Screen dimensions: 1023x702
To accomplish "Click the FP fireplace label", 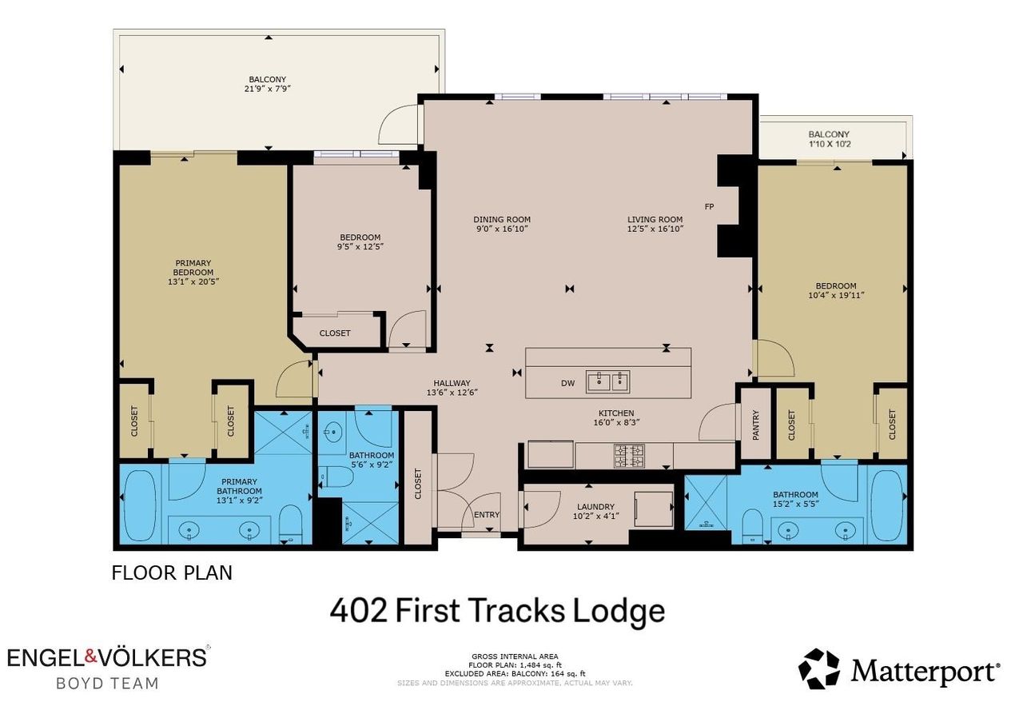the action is pos(709,206).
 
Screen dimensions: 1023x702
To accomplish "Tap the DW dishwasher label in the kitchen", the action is pos(567,384).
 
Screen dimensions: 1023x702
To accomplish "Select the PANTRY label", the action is pos(755,425).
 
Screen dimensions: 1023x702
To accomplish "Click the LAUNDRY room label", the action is pos(595,506).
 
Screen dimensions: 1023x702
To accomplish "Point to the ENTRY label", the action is pos(487,515).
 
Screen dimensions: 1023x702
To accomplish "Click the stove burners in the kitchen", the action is pos(629,456).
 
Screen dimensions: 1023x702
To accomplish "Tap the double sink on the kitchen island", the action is pos(608,382).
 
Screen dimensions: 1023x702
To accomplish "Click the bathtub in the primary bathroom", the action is pos(140,505).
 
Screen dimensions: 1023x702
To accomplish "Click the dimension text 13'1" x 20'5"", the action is pos(193,282).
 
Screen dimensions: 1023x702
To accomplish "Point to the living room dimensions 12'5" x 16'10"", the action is pos(655,229).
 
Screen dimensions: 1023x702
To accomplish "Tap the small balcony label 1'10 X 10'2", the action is pos(829,145).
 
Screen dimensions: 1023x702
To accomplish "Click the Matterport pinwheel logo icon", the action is pos(819,668).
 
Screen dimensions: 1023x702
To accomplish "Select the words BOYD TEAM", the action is pos(107,684).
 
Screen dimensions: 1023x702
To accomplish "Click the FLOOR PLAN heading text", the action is pos(172,572).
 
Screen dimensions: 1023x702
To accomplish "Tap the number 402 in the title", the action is pos(359,611).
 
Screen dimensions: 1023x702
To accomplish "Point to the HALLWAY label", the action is pos(452,383).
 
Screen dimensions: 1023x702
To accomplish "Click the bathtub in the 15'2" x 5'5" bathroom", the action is pos(887,505).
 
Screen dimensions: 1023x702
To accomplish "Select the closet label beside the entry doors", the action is pos(418,484).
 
